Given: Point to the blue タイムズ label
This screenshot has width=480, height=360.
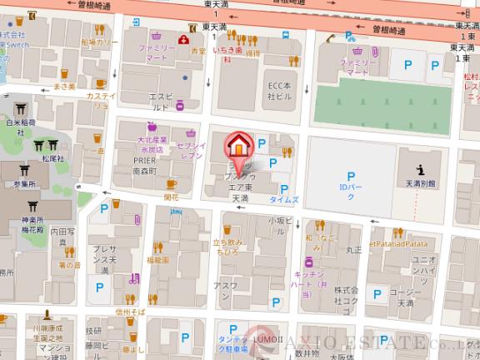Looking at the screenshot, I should pos(285,201).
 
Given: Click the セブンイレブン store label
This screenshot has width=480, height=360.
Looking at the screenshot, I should pos(192,151).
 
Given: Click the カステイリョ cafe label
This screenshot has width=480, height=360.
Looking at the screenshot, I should pos(101,101).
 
